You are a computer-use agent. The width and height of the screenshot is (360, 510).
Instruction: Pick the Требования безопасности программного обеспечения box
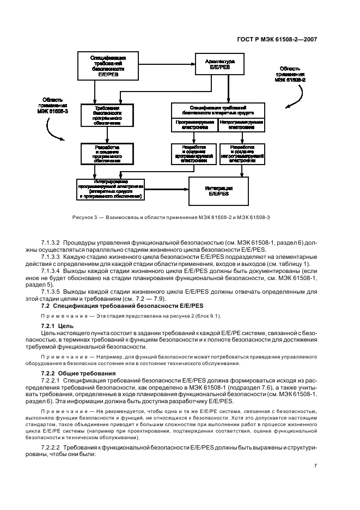[107, 115]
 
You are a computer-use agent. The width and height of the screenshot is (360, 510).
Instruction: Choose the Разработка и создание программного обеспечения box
[107, 154]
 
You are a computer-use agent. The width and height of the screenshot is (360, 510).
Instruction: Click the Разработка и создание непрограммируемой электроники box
[241, 154]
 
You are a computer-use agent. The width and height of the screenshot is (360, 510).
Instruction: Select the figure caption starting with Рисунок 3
[179, 218]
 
